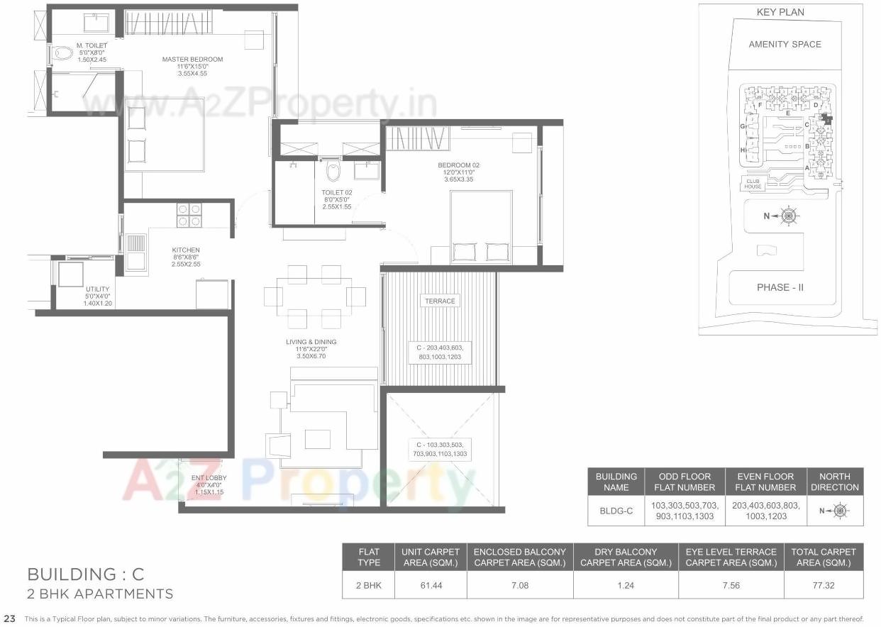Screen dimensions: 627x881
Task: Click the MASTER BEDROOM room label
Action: click(192, 60)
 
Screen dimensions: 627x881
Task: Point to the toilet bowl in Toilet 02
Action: click(332, 170)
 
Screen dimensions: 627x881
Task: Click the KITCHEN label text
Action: click(186, 250)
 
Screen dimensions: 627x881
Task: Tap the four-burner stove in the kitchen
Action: click(189, 215)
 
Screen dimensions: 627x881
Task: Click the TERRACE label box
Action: click(440, 301)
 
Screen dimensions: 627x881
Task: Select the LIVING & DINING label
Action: click(311, 342)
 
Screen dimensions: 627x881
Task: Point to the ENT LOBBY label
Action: click(209, 478)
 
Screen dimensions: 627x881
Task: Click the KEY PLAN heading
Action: click(780, 12)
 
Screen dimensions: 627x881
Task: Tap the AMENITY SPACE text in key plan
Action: click(785, 44)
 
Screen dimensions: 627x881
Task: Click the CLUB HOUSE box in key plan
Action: click(753, 184)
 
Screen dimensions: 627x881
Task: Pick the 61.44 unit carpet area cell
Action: click(431, 585)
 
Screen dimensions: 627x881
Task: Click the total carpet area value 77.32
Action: click(824, 585)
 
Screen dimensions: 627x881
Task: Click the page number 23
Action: click(9, 618)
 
